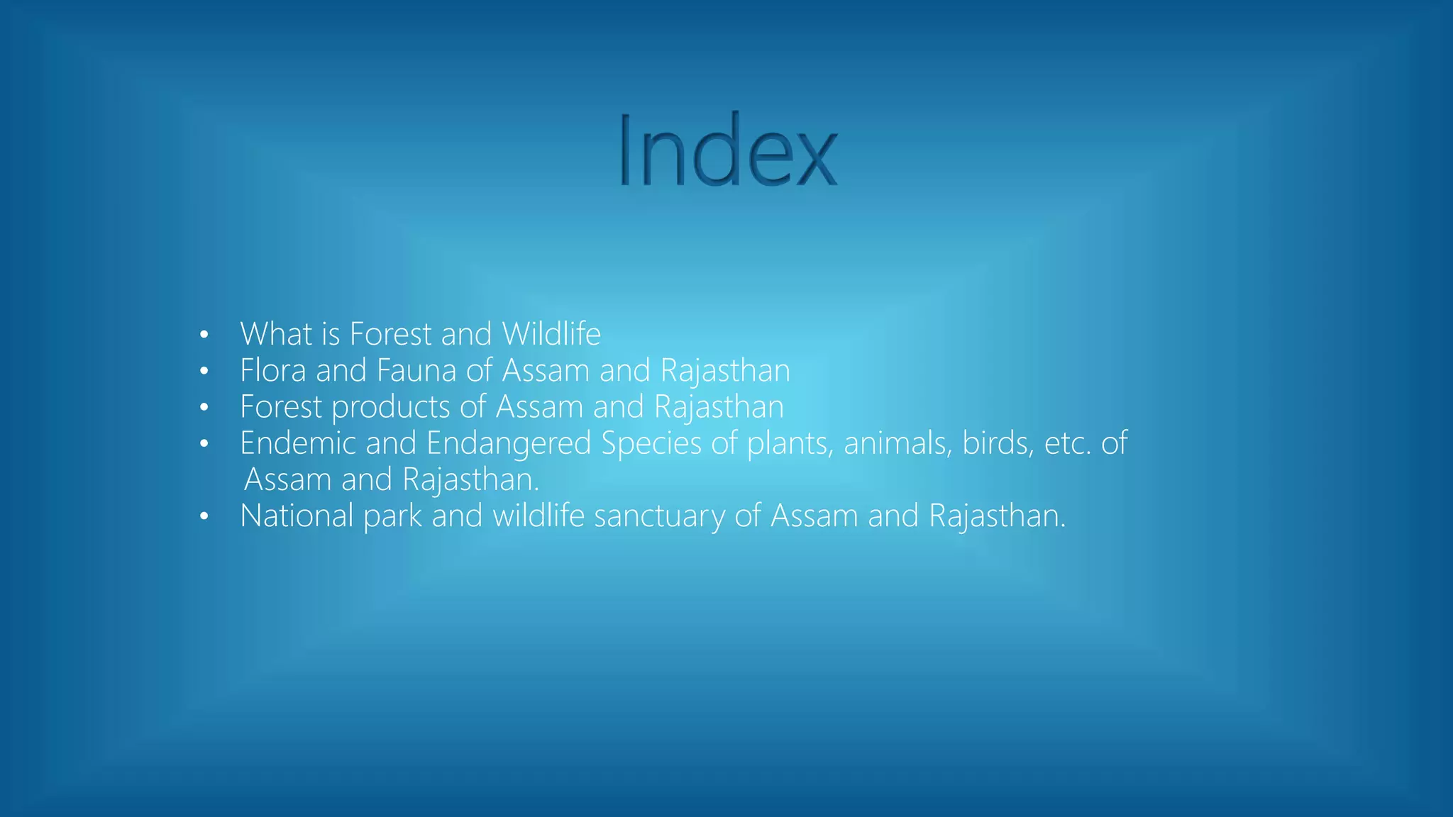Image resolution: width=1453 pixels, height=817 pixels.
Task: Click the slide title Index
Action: click(x=727, y=151)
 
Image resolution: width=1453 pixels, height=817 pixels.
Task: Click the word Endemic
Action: click(x=298, y=443)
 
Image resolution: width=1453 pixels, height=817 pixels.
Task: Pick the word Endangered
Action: click(x=509, y=443)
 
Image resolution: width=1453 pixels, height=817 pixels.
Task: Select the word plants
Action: click(x=789, y=444)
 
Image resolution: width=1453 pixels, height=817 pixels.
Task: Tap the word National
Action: click(x=297, y=516)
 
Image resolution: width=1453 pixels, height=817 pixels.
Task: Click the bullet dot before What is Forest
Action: click(x=204, y=335)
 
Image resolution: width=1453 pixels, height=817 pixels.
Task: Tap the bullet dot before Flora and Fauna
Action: click(x=204, y=371)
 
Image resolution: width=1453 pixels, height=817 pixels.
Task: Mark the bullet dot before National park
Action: click(x=204, y=516)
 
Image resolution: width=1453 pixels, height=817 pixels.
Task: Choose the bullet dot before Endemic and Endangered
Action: click(x=204, y=444)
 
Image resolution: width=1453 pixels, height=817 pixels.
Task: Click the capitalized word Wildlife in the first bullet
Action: click(x=551, y=334)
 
